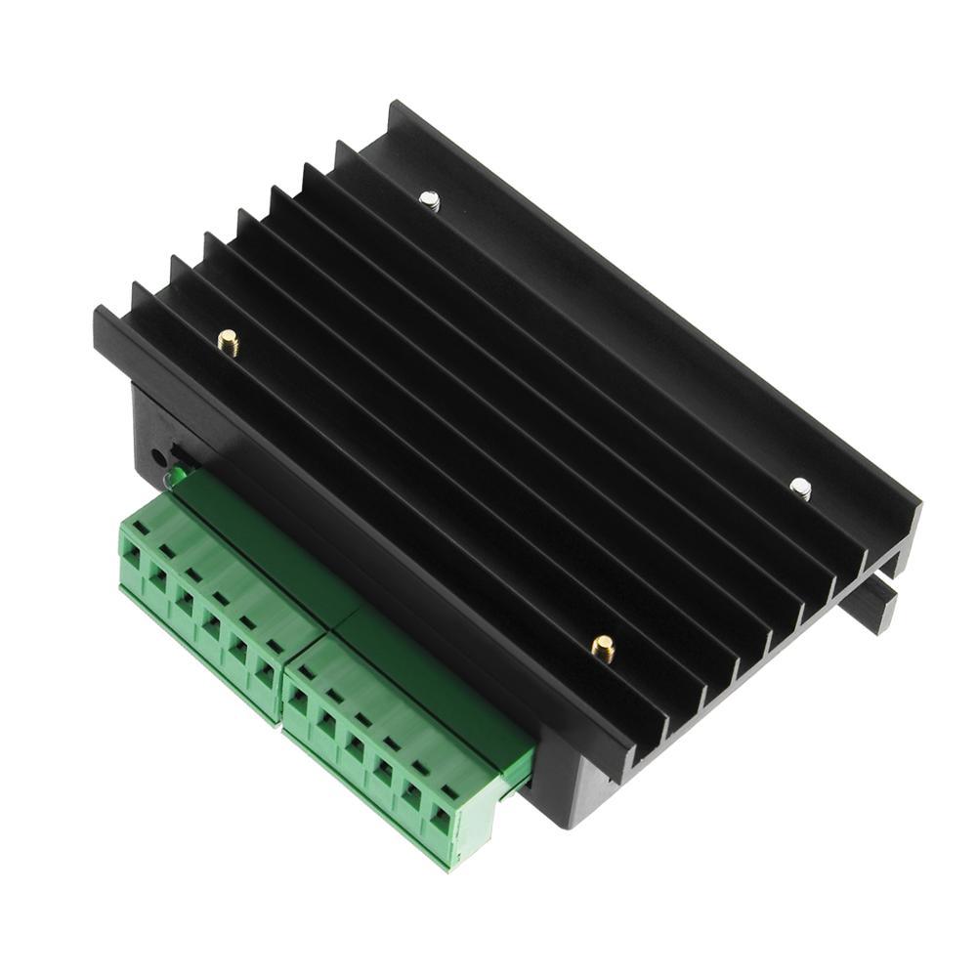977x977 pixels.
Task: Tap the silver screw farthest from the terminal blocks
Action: coord(429,201)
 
